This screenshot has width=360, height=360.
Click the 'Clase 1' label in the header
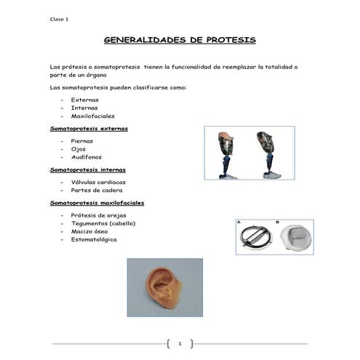point(58,19)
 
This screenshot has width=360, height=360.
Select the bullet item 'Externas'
point(84,99)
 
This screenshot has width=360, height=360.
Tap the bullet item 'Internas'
point(84,107)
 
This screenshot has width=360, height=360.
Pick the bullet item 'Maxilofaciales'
point(92,116)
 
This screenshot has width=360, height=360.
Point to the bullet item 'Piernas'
point(82,141)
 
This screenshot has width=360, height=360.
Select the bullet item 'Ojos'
point(78,149)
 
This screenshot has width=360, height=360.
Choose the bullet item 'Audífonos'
point(87,157)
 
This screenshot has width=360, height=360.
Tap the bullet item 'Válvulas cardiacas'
point(98,182)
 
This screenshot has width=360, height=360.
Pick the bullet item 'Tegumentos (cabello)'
point(103,223)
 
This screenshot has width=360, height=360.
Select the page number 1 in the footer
point(179,343)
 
